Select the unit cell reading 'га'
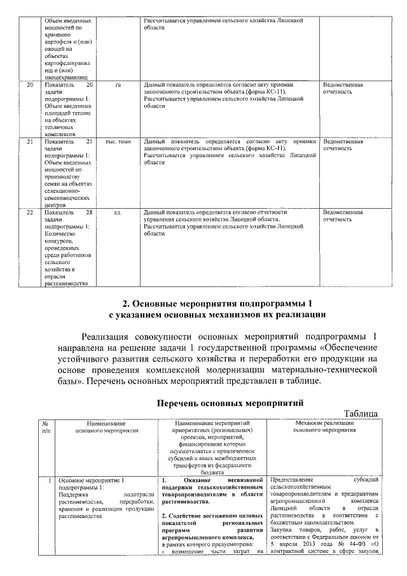pyautogui.click(x=118, y=84)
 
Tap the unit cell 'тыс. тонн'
pyautogui.click(x=118, y=141)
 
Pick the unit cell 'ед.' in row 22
pyautogui.click(x=118, y=212)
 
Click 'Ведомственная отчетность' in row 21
pyautogui.click(x=343, y=144)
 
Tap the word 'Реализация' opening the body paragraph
pyautogui.click(x=113, y=337)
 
